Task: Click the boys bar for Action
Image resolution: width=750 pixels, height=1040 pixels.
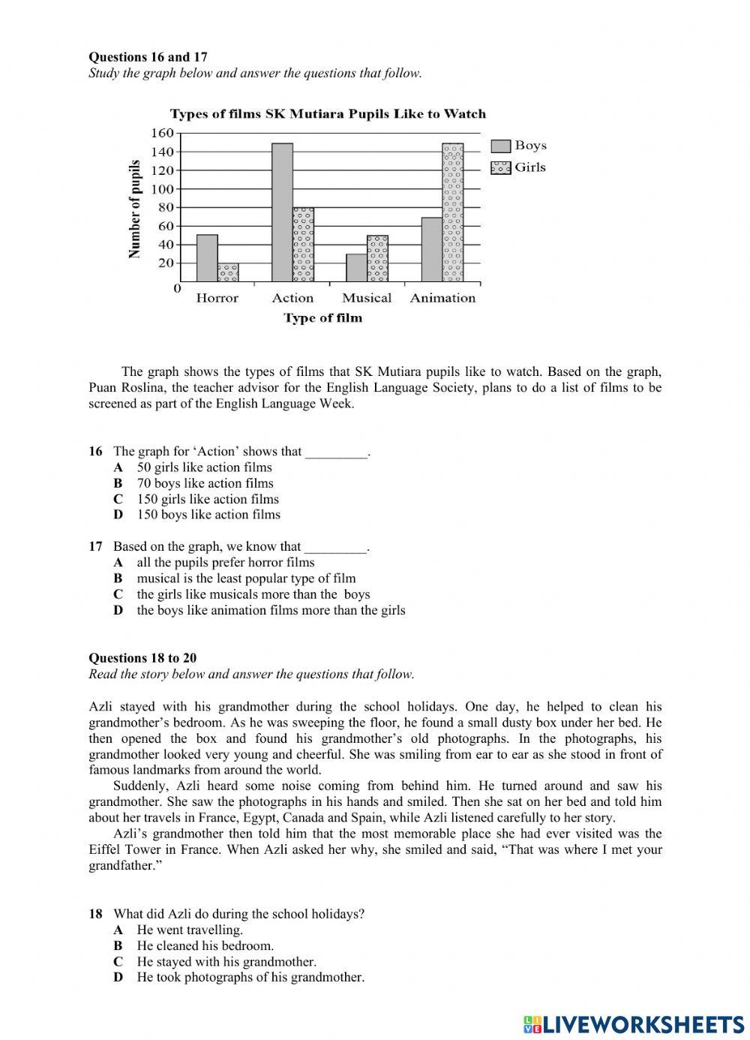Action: [x=282, y=212]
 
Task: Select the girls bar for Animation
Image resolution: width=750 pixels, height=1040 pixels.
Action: [x=453, y=212]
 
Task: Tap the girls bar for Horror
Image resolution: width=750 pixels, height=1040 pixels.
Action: [x=228, y=272]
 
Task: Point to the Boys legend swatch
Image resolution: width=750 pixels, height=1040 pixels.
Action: [x=501, y=146]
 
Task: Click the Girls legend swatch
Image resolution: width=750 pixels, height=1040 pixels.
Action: [x=501, y=167]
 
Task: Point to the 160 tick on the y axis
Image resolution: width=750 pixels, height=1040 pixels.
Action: [x=163, y=134]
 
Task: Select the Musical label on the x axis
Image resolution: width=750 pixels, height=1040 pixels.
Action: [x=367, y=298]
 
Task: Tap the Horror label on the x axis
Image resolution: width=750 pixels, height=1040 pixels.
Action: [x=217, y=298]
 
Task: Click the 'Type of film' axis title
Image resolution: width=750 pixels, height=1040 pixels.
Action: [x=322, y=318]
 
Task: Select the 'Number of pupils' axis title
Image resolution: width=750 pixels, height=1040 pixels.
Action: [x=135, y=209]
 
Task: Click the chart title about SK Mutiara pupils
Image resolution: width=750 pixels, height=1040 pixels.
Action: [x=328, y=114]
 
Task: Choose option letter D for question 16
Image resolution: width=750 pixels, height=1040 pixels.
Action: [x=118, y=515]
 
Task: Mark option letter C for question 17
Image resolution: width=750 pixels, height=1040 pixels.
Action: [x=118, y=594]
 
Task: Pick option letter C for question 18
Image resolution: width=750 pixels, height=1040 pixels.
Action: [x=118, y=962]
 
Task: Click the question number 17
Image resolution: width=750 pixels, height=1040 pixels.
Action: [x=95, y=546]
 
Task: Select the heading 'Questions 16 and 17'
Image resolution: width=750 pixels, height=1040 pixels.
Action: [x=148, y=57]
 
